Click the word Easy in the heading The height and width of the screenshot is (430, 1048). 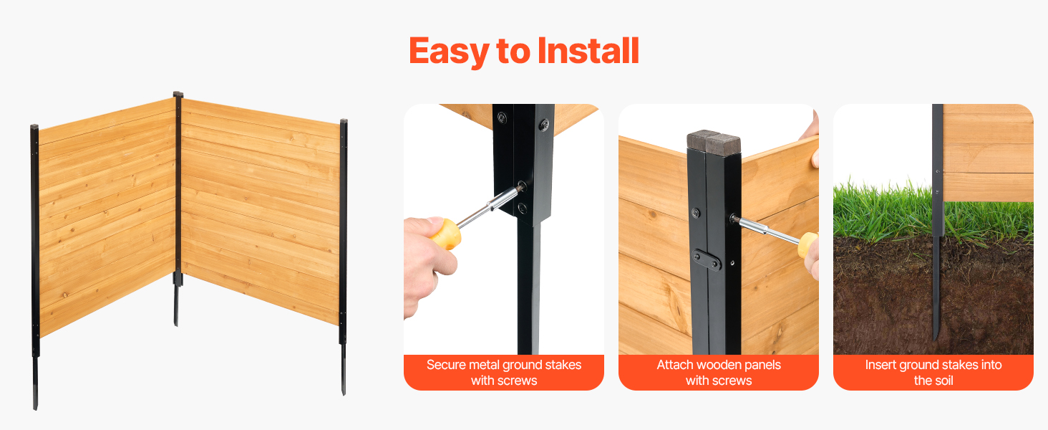pos(449,51)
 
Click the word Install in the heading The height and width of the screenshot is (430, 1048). pos(588,50)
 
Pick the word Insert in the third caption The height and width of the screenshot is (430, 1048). pos(880,365)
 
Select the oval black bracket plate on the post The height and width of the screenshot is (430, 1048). pos(707,260)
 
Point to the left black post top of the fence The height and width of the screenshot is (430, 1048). pos(34,127)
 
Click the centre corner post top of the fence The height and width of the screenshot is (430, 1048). pos(178,94)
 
